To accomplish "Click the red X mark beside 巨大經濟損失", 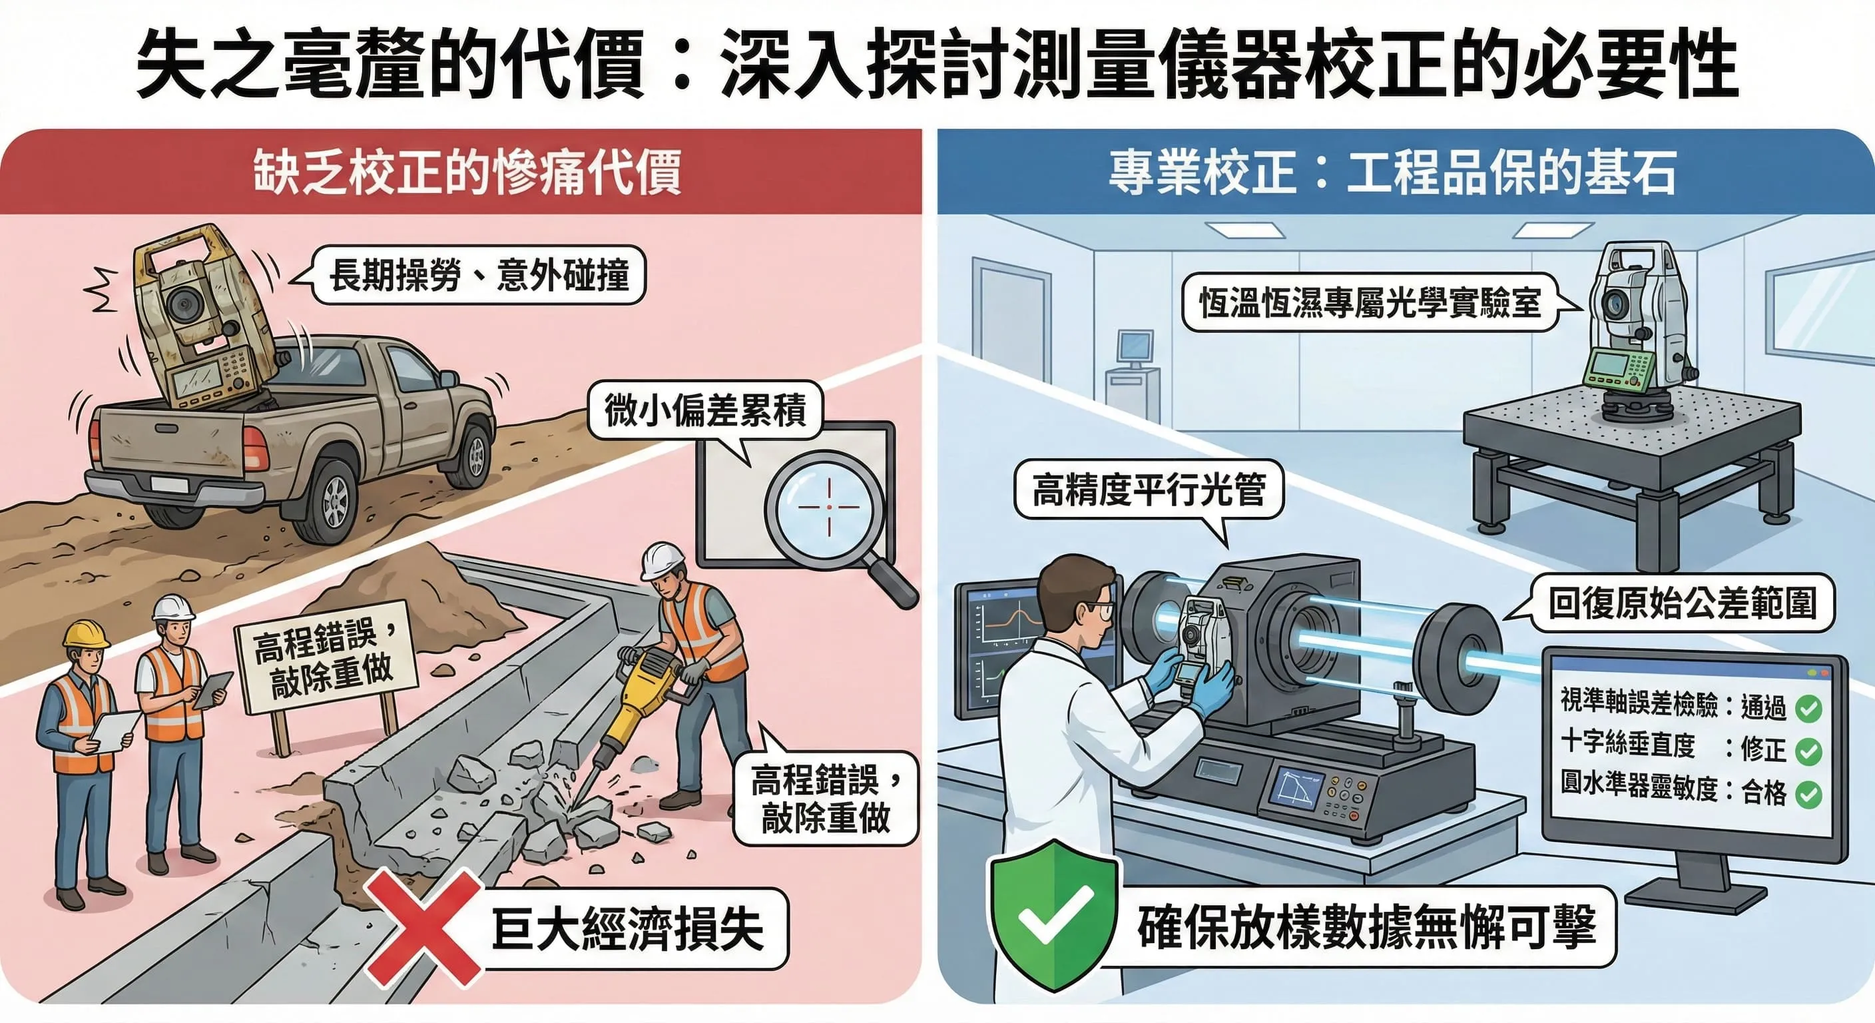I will (x=423, y=928).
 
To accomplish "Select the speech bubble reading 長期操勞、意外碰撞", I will (x=479, y=275).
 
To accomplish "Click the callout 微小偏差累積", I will (x=704, y=410).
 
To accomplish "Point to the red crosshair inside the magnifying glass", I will (x=829, y=507).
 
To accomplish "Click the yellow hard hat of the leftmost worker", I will (x=85, y=633).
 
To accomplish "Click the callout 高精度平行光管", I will (x=1149, y=490).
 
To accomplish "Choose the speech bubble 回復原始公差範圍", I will (x=1681, y=604).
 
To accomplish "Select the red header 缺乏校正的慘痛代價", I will (x=466, y=172).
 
